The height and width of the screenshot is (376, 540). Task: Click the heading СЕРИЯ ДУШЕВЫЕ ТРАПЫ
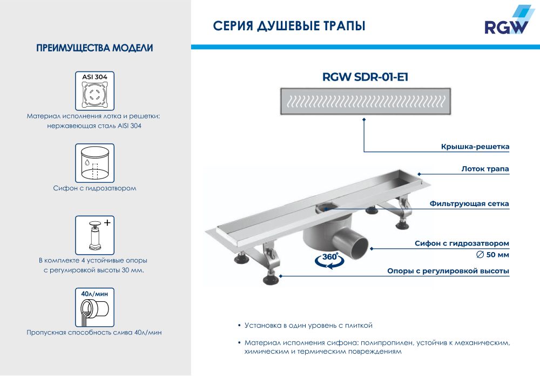point(289,26)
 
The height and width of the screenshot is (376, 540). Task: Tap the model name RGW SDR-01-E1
point(365,77)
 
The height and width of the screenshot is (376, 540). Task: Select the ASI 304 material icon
point(94,91)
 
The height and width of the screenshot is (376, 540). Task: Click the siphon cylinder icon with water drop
point(94,163)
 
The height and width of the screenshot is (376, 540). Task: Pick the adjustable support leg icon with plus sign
point(94,235)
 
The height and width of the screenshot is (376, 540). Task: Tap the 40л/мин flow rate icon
point(94,307)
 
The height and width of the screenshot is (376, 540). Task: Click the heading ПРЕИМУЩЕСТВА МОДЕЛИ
point(94,48)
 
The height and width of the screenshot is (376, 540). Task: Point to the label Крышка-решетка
point(475,147)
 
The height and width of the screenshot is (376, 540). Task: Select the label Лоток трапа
point(485,169)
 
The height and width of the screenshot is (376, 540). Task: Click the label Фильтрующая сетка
point(469,204)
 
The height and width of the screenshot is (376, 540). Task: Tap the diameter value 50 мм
point(492,255)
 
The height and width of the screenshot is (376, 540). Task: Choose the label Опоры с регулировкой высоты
point(448,271)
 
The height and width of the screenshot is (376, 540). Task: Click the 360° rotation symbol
point(329,260)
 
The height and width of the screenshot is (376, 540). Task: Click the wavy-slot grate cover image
point(366,101)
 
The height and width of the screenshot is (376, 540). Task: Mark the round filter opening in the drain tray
point(325,208)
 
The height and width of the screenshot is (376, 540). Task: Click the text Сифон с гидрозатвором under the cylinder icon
point(94,188)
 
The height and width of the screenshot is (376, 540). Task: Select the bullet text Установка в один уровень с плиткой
point(308,325)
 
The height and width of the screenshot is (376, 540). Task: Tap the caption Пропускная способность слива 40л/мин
point(94,333)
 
